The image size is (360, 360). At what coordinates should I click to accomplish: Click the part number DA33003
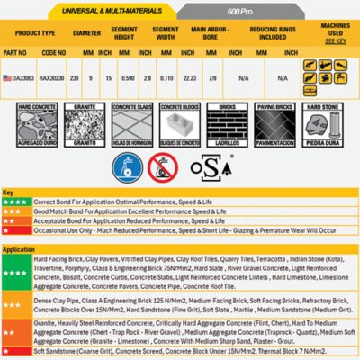(x=38, y=78)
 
